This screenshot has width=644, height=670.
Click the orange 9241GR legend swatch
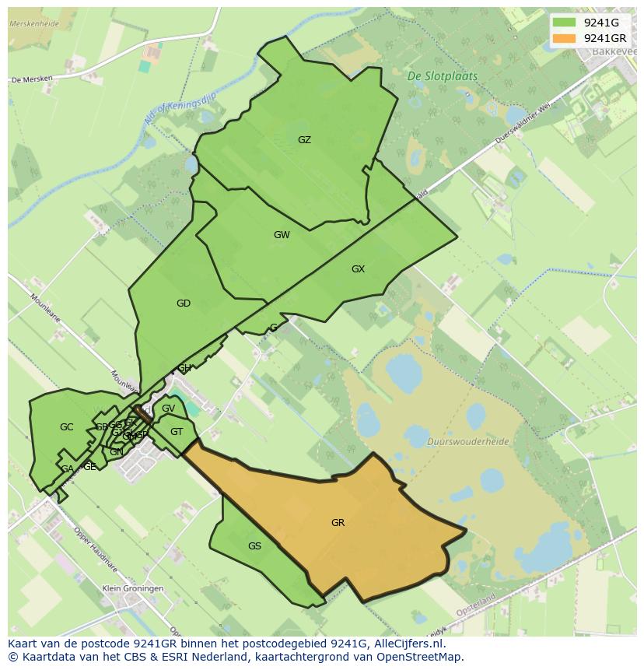(564, 38)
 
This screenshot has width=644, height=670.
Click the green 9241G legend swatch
(564, 23)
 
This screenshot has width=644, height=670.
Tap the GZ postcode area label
(304, 140)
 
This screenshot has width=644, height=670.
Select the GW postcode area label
(282, 235)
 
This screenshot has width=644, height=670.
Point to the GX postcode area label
(358, 269)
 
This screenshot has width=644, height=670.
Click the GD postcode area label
(184, 303)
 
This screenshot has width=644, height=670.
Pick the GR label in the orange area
(338, 523)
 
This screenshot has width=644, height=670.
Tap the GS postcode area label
(254, 546)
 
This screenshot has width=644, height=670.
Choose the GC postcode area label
(66, 427)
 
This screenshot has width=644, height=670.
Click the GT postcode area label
(177, 432)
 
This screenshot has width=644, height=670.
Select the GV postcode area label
(168, 409)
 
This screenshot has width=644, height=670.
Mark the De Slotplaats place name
(443, 77)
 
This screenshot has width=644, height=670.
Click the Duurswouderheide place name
(468, 441)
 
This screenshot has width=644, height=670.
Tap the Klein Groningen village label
(133, 589)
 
